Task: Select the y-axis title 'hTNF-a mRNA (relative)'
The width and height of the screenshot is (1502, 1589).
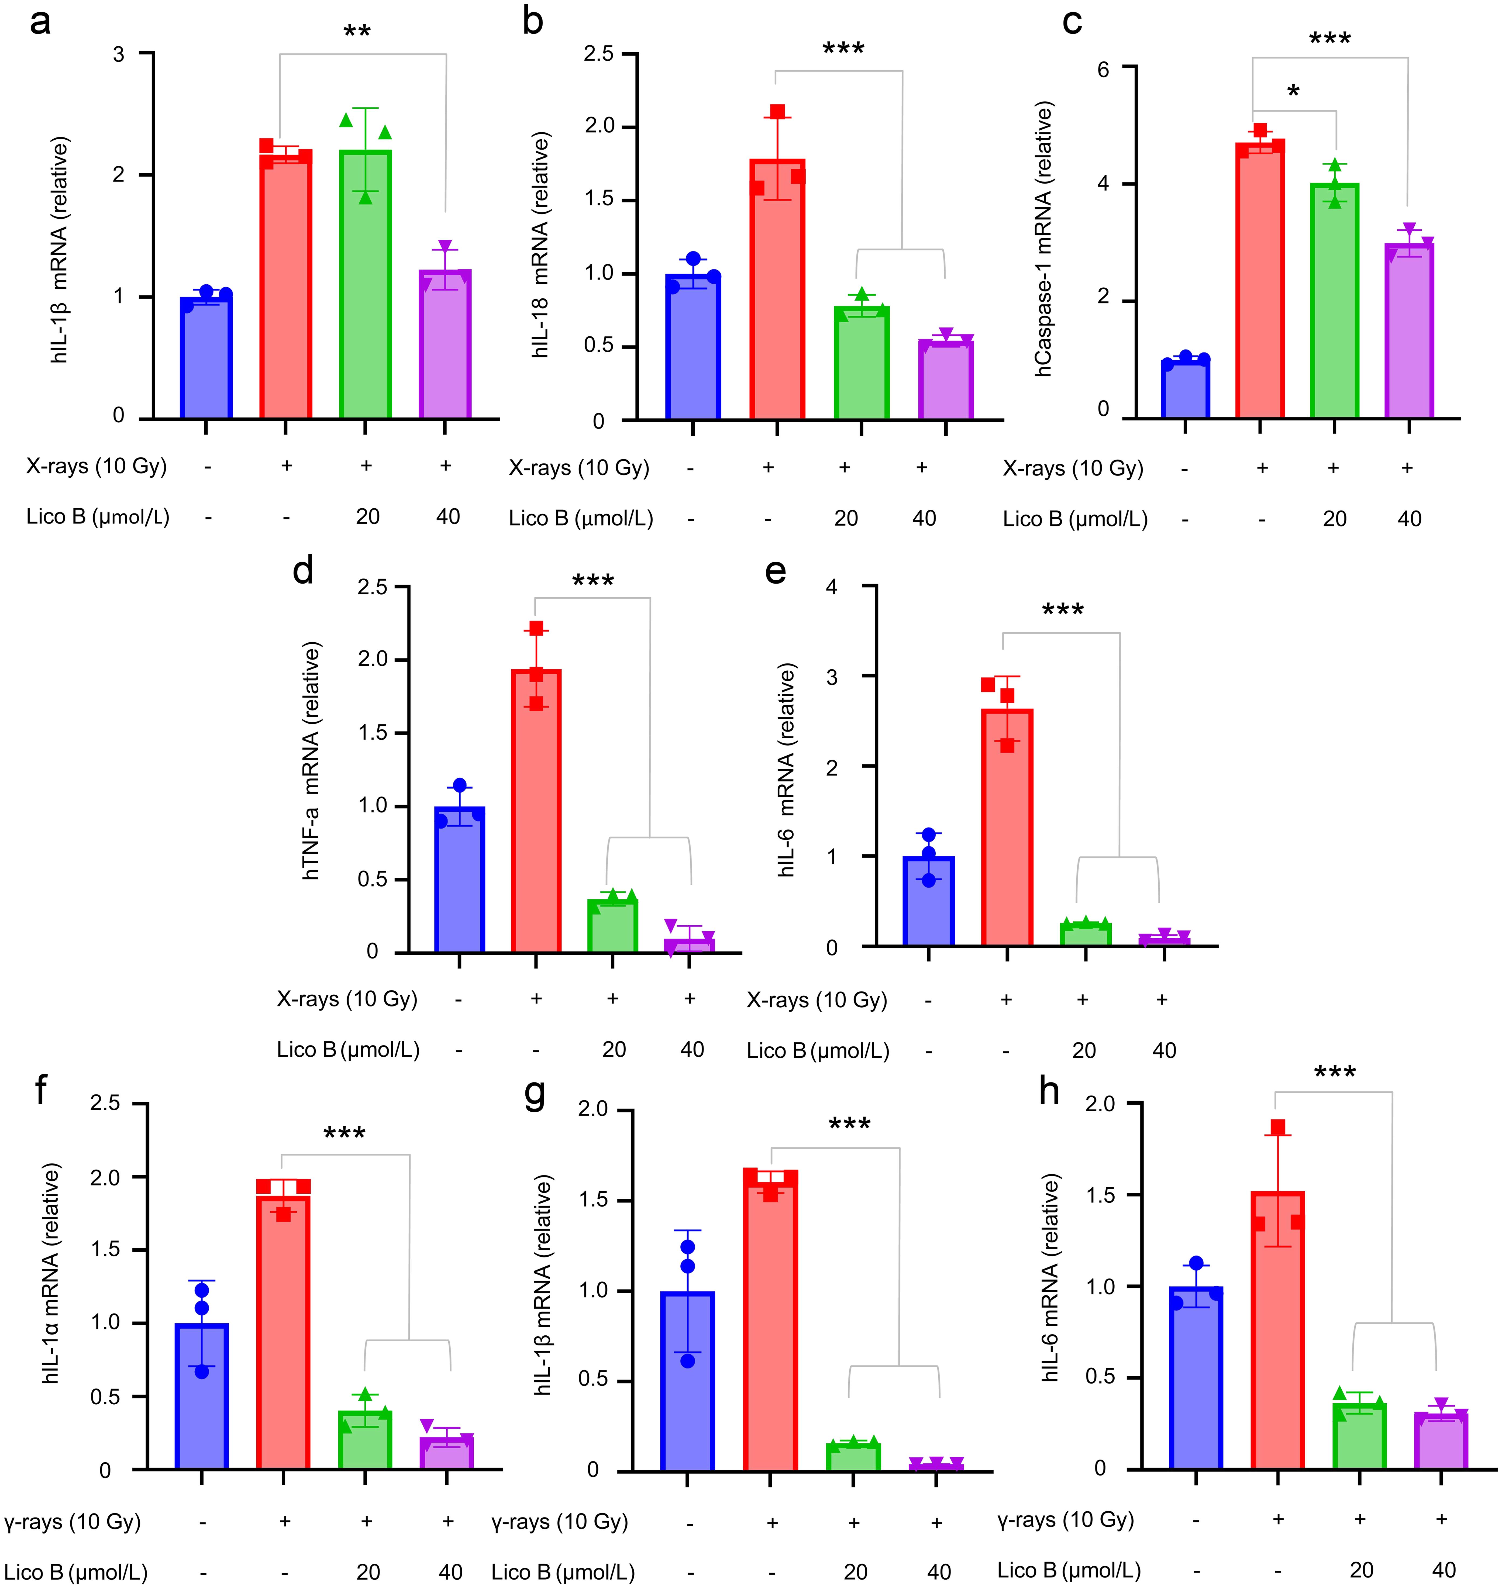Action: tap(311, 760)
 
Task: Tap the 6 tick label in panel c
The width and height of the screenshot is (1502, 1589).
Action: tap(1103, 70)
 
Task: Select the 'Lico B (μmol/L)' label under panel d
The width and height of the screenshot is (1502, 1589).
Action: tap(347, 1049)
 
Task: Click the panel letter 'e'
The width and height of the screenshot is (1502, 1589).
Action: tap(775, 571)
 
